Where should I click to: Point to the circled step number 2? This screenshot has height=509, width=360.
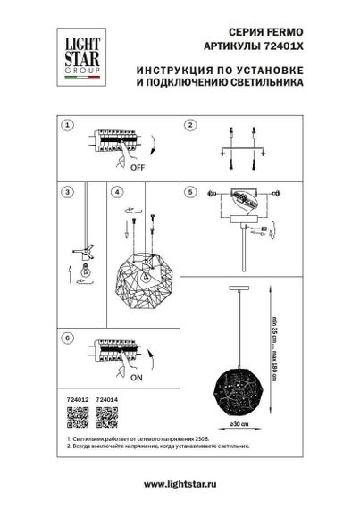tap(190, 126)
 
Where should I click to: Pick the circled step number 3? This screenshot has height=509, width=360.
tap(66, 191)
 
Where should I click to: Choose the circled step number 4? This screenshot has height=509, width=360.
tap(117, 191)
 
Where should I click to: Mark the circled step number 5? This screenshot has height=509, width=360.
tap(190, 191)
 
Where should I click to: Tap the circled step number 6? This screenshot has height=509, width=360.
tap(66, 338)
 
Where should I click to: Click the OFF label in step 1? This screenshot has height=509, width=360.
tap(138, 167)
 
